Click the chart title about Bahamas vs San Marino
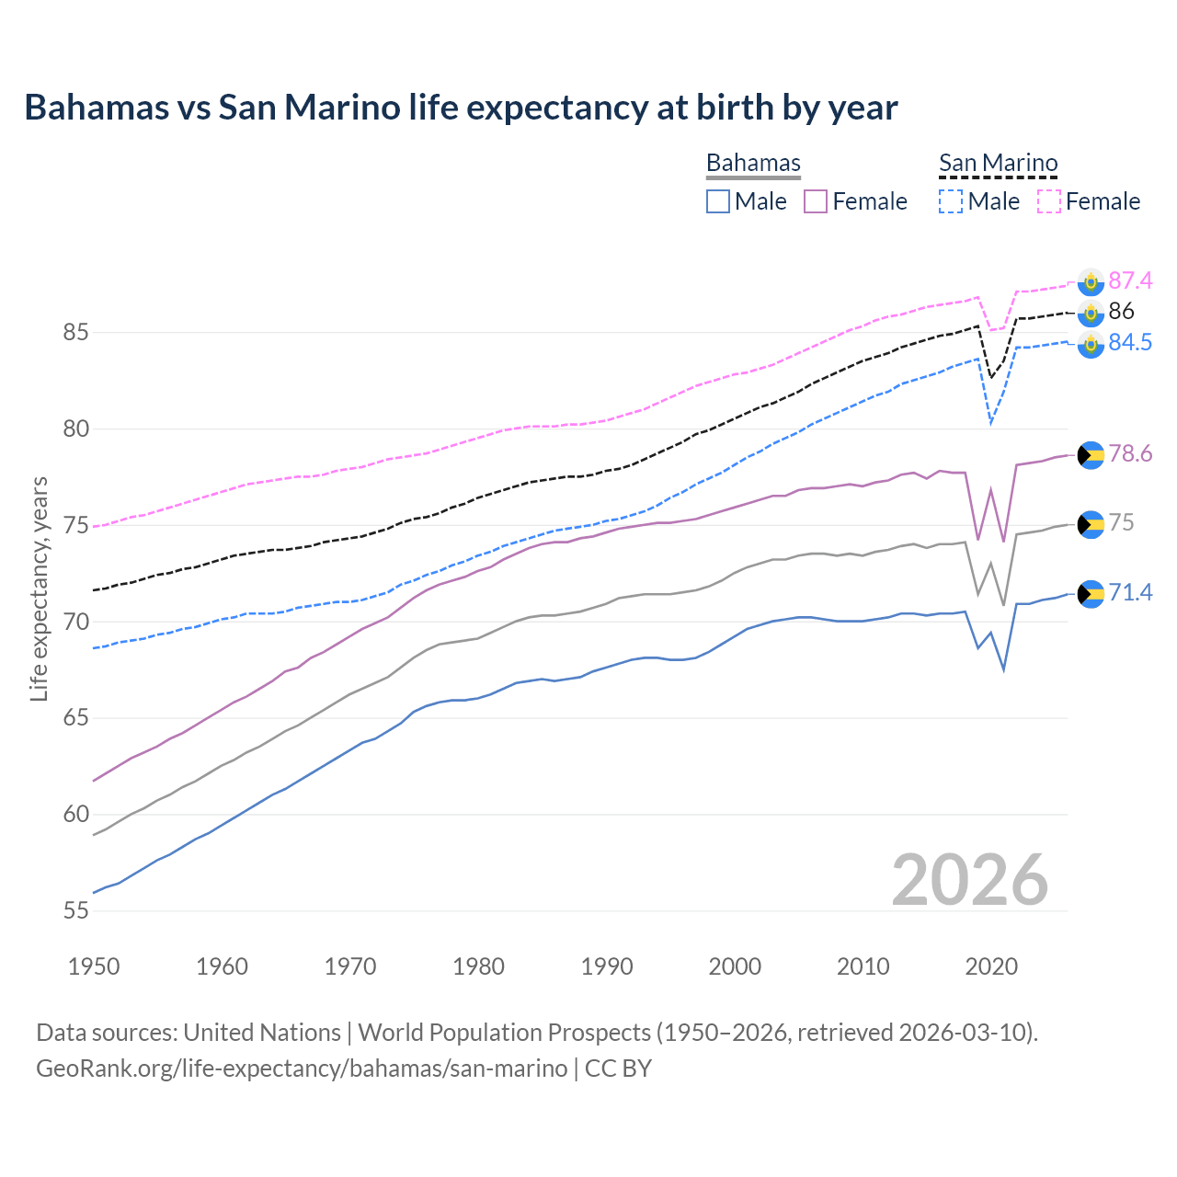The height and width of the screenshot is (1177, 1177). [461, 108]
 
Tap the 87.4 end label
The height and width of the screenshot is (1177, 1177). [1130, 280]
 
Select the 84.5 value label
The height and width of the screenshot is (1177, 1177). [1130, 343]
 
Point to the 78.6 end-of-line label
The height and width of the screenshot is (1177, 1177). [1130, 454]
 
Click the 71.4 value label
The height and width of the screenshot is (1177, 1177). [1130, 593]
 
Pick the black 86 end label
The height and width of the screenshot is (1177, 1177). [1121, 312]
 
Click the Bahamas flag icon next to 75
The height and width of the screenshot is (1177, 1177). [1091, 524]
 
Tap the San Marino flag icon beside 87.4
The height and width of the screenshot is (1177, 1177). [1091, 281]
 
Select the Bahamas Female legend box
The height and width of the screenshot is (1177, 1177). [816, 201]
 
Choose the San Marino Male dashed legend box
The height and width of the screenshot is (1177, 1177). [951, 201]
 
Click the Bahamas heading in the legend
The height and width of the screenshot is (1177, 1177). [753, 163]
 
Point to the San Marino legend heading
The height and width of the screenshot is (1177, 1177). [998, 163]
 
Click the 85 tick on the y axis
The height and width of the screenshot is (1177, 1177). [75, 332]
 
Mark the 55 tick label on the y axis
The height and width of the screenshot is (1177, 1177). [75, 910]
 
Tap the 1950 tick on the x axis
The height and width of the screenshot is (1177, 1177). [94, 966]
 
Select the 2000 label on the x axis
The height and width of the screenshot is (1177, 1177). [735, 966]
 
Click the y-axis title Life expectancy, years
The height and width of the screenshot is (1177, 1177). [39, 588]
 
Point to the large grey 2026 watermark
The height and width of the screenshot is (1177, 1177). [969, 880]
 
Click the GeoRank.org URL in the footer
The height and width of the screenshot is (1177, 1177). [302, 1068]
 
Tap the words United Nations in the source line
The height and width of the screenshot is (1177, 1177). [262, 1033]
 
